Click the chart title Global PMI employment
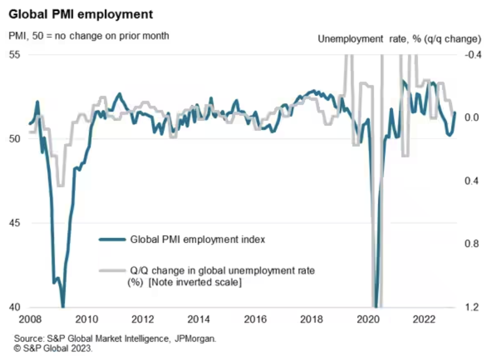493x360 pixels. click(x=81, y=14)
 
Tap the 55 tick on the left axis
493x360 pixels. click(x=14, y=55)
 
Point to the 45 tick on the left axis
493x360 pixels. click(x=14, y=223)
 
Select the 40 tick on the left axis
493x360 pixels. click(x=14, y=307)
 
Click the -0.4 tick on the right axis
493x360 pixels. click(x=472, y=55)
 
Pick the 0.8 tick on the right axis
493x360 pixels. click(x=471, y=244)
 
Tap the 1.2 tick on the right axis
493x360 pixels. click(x=471, y=307)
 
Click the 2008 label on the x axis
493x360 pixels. click(x=30, y=319)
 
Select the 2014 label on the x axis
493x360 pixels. click(x=198, y=319)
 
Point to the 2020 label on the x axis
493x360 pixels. click(x=368, y=319)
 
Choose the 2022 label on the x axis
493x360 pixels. click(x=424, y=319)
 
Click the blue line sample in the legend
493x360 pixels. click(x=112, y=239)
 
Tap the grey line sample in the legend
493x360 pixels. click(x=112, y=270)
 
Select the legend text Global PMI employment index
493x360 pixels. click(x=197, y=239)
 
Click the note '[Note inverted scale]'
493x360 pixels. click(x=195, y=282)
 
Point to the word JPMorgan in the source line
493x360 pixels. click(x=195, y=339)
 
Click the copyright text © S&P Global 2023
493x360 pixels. click(x=53, y=348)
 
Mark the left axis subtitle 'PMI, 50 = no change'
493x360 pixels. click(x=89, y=36)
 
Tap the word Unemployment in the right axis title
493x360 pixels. click(x=350, y=39)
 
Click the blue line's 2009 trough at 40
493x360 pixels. click(x=63, y=306)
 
